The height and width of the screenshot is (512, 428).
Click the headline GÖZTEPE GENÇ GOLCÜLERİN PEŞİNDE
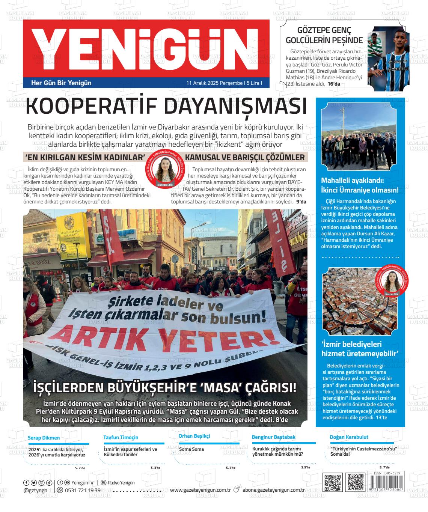324,36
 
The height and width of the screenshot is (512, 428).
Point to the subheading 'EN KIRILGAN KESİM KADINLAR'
85,157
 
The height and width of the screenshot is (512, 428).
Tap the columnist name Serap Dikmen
44,438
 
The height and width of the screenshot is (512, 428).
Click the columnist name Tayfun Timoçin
121,437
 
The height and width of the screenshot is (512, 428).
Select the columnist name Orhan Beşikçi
194,436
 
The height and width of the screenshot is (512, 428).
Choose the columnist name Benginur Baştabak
273,437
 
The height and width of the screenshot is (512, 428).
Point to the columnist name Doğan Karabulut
349,437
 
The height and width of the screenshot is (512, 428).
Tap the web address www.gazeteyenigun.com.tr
200,490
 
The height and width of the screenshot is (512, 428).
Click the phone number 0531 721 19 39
83,490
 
